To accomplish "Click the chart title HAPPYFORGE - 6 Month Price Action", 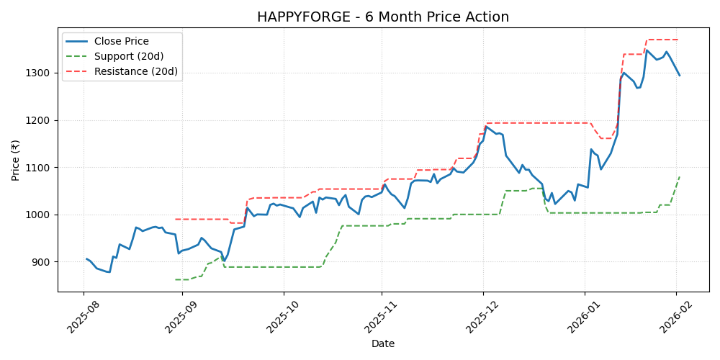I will (x=383, y=17).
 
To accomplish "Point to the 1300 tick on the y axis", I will (x=38, y=73).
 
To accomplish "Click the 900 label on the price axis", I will (x=41, y=262).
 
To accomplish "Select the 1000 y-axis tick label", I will (x=38, y=215).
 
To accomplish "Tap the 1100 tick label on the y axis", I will (x=38, y=168).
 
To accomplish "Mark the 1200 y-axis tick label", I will (x=38, y=120).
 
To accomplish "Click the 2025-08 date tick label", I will (x=81, y=317).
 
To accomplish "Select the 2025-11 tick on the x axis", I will (x=381, y=317).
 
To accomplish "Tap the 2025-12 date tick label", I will (x=482, y=317).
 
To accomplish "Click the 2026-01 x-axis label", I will (x=582, y=317).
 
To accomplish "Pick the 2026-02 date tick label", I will (x=675, y=317).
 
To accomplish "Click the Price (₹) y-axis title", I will (x=16, y=160).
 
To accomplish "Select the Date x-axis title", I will (x=383, y=344).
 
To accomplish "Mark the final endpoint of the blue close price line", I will (x=679, y=75).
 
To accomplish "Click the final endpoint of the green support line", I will (x=679, y=177).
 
